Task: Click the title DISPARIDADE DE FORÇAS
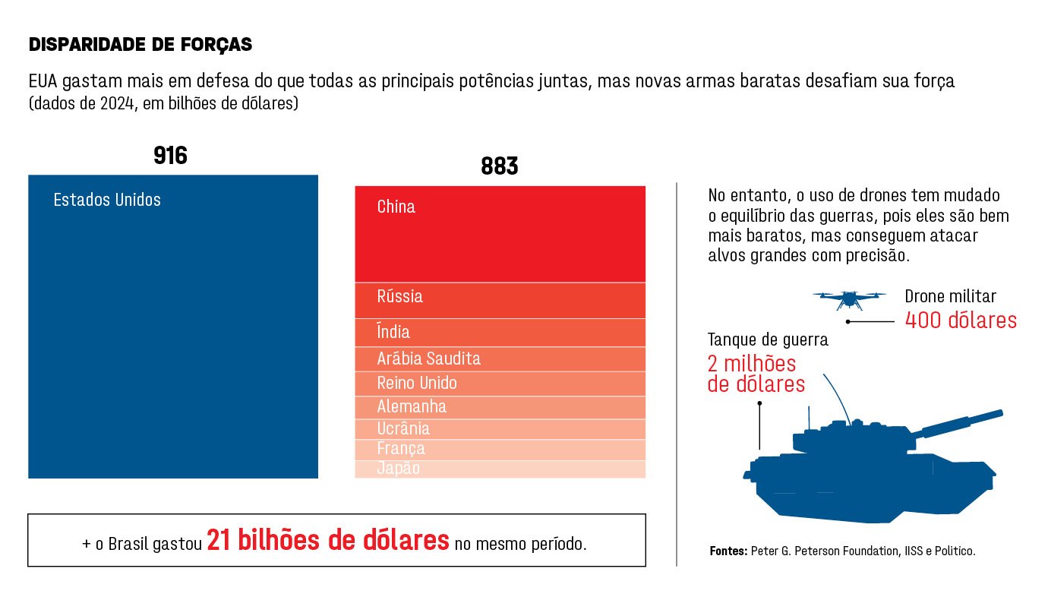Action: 140,45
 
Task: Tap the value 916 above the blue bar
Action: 170,156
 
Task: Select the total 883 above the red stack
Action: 499,166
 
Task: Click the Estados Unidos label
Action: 107,201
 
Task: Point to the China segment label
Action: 396,207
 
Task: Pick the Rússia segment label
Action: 399,296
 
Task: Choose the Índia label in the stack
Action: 393,332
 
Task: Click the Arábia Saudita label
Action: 428,359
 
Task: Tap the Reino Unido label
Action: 417,383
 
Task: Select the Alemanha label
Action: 412,406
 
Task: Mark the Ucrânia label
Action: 403,428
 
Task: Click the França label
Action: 401,449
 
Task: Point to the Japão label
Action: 398,469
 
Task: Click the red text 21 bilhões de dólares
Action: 328,541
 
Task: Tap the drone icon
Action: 849,298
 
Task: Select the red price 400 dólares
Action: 960,321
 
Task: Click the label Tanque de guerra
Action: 768,340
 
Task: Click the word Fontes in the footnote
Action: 728,551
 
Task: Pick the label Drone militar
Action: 950,297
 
